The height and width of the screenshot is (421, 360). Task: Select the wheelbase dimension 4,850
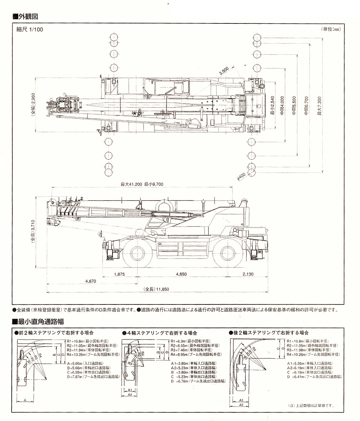click(181, 274)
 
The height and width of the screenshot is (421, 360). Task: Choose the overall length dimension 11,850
click(156, 289)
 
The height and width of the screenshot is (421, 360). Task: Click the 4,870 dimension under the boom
click(91, 281)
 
